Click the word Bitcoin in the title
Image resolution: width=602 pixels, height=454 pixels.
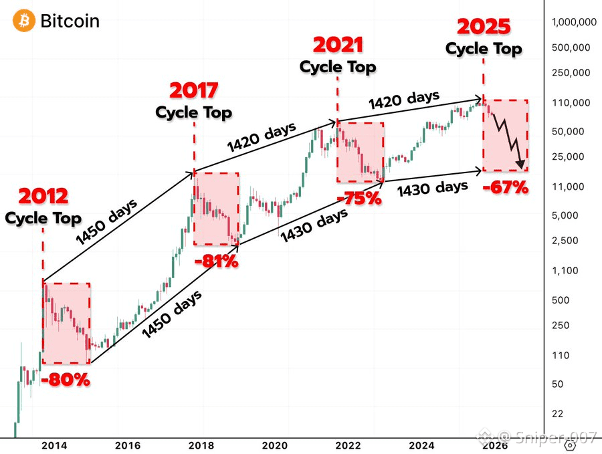(x=70, y=21)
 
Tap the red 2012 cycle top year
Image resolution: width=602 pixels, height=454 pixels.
(x=43, y=197)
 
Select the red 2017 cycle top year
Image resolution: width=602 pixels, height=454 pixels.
(x=194, y=90)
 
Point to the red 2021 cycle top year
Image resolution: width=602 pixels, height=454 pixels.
(x=338, y=45)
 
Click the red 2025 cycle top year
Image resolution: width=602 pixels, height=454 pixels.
(x=484, y=27)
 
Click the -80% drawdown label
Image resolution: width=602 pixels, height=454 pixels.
(x=65, y=380)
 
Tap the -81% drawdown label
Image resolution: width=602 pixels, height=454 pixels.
(x=216, y=261)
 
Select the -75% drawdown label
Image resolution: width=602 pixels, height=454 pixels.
(x=359, y=199)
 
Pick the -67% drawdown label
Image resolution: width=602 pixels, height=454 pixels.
(x=506, y=187)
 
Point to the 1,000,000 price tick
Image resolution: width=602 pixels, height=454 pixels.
(x=574, y=22)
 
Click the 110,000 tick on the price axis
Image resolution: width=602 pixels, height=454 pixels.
(x=571, y=102)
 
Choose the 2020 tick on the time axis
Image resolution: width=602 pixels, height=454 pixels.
(x=274, y=444)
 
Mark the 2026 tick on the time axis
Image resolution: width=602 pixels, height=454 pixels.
(x=496, y=444)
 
